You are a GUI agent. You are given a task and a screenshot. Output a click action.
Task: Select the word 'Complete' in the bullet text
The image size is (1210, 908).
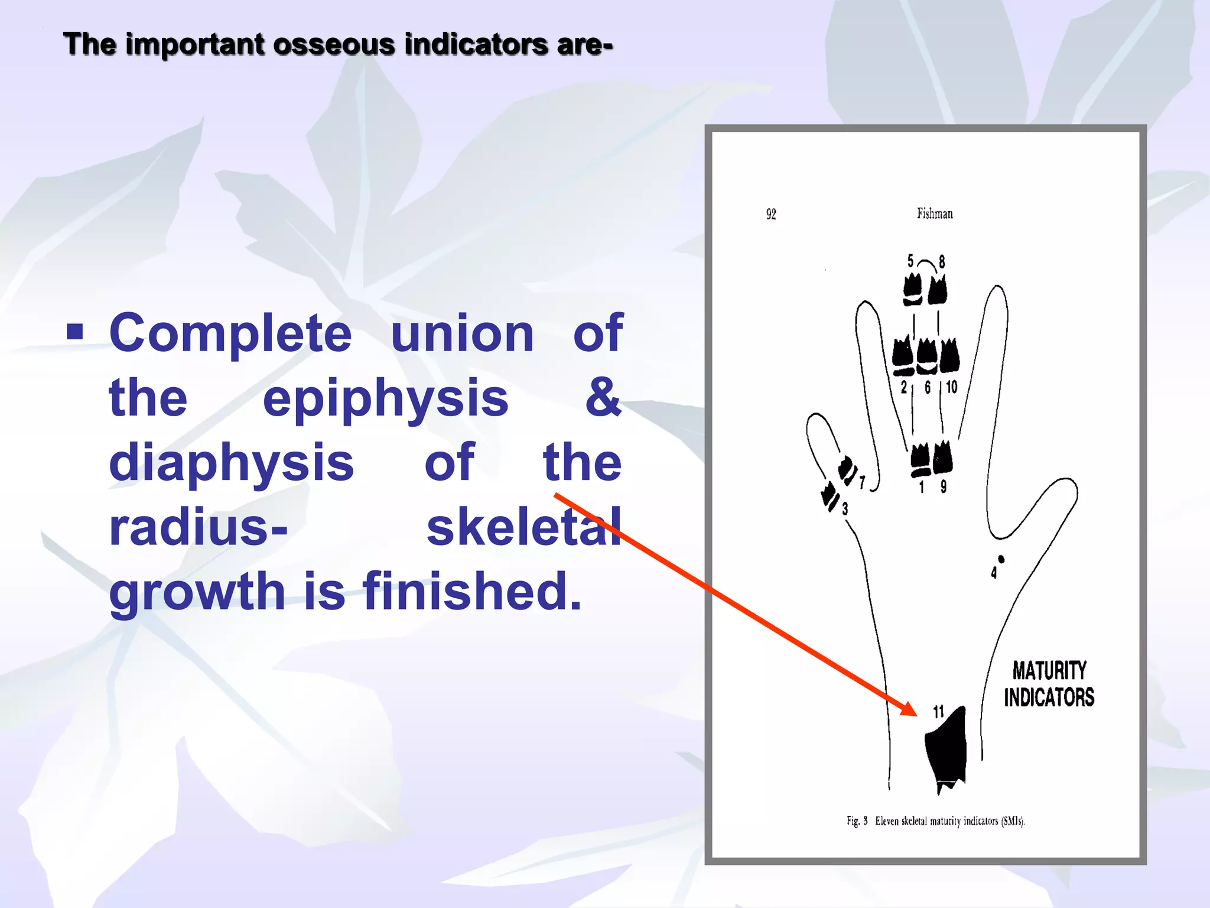pos(230,333)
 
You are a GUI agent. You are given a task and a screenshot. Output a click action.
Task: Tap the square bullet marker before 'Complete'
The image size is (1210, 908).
pos(75,332)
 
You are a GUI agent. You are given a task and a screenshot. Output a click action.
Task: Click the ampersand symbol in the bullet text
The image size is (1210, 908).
pos(603,397)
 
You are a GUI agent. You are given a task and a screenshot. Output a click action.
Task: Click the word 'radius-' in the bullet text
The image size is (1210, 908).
pos(199,527)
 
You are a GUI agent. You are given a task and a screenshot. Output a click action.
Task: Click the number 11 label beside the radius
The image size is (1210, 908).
pos(938,712)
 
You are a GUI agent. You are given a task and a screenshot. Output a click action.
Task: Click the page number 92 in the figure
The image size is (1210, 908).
pos(771,214)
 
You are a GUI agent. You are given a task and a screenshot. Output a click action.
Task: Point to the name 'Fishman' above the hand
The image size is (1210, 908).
pos(935,213)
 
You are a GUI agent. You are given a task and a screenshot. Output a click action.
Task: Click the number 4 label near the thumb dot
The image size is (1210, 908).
pos(994,573)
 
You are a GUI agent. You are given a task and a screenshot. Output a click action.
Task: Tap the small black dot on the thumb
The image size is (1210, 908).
pos(1001,559)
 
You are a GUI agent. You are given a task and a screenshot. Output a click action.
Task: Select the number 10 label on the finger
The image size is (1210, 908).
pos(951,387)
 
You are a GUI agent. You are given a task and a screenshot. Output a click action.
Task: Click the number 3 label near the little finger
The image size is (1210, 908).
pos(845,509)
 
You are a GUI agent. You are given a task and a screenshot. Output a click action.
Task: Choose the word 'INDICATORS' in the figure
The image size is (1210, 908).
pos(1049,698)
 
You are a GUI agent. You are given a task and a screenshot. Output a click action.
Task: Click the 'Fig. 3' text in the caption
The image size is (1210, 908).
pos(857,821)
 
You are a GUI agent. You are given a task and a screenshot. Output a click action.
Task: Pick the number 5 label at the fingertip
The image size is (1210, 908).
pos(910,261)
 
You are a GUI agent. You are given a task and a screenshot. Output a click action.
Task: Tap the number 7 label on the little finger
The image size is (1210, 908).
pos(862,483)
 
